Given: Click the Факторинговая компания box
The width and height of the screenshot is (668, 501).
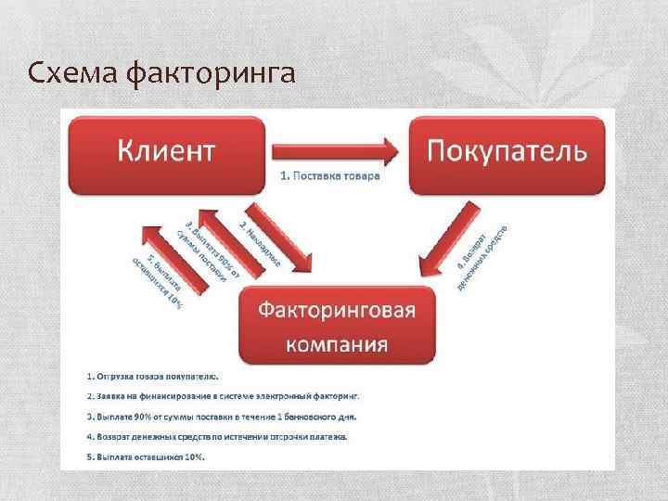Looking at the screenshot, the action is (337, 326).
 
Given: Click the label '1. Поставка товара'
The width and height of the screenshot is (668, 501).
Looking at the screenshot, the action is (330, 176).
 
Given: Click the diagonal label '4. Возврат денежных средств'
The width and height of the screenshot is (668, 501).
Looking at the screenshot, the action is (482, 256).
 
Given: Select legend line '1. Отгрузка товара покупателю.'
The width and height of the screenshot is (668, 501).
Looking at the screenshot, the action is (154, 376).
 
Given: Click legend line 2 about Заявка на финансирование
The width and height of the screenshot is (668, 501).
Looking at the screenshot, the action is (223, 395).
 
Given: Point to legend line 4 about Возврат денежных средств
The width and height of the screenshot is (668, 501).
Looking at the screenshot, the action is (218, 436).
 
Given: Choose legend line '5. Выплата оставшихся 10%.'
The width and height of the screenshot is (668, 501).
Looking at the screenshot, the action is (147, 456).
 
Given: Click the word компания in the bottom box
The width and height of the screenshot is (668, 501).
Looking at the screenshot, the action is (337, 345).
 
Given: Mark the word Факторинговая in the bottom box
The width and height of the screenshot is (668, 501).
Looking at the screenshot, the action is (337, 308).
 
